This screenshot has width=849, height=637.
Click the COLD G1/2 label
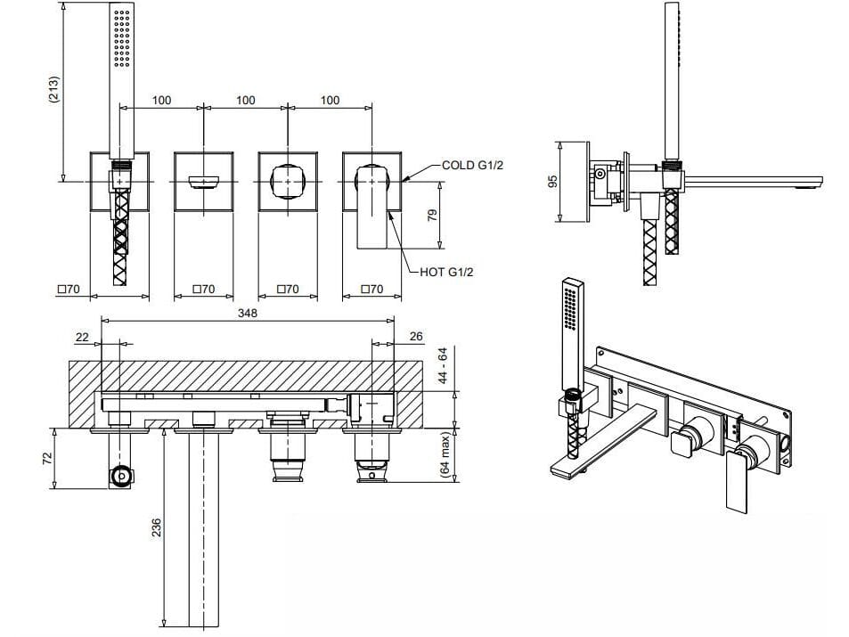click(x=472, y=165)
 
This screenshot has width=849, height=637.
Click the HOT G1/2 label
click(x=446, y=272)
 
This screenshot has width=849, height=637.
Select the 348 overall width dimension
click(x=248, y=313)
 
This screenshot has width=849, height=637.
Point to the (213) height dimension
click(x=54, y=89)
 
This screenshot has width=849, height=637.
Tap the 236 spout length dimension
click(x=156, y=527)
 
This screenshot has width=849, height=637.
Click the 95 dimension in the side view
click(x=552, y=182)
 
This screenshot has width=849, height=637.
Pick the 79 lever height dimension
click(x=432, y=216)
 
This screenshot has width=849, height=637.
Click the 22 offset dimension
click(x=82, y=338)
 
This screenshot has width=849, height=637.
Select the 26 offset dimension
click(x=415, y=337)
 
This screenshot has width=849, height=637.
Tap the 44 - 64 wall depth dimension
click(x=443, y=365)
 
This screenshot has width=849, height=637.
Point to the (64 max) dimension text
click(x=445, y=453)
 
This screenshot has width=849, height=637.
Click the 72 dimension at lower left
click(x=47, y=458)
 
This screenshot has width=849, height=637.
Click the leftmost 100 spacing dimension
click(x=161, y=100)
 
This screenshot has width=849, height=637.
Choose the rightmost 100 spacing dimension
click(x=330, y=100)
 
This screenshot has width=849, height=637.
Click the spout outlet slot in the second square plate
click(x=204, y=182)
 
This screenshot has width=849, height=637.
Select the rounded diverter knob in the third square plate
click(x=288, y=181)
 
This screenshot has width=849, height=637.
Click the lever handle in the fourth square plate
click(x=372, y=206)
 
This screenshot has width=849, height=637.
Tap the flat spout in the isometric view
click(x=602, y=443)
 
